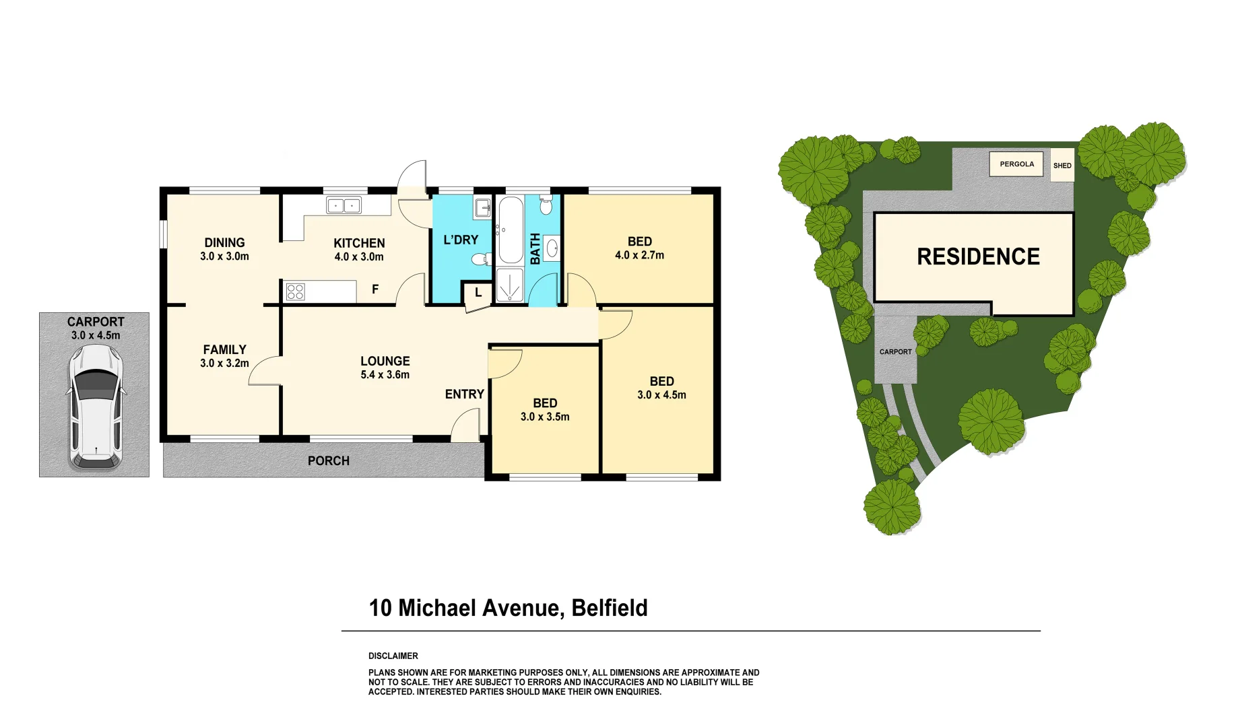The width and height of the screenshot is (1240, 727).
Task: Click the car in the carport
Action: tap(96, 407)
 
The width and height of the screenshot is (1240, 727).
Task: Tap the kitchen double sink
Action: tap(344, 205)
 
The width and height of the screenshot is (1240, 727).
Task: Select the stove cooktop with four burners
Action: tap(296, 291)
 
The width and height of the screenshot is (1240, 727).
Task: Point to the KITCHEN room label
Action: tap(359, 243)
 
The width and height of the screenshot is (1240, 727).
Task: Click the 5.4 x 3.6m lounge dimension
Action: tap(385, 375)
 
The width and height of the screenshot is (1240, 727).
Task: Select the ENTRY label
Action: tap(464, 394)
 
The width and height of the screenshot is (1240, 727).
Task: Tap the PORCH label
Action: tap(328, 461)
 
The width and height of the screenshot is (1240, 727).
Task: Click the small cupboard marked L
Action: tap(478, 293)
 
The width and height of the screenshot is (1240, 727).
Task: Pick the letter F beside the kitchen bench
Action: tap(375, 289)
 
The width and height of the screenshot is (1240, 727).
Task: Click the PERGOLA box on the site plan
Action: tap(1016, 164)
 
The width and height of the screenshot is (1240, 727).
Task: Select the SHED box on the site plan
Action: tap(1062, 166)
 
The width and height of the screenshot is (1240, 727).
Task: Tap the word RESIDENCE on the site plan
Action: tap(978, 257)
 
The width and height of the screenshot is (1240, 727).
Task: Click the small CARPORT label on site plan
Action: tap(895, 352)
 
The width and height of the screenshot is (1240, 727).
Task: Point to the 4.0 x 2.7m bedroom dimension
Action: tap(639, 256)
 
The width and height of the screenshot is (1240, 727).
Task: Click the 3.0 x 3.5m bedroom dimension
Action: tap(545, 417)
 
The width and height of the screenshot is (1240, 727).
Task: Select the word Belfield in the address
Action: tap(609, 608)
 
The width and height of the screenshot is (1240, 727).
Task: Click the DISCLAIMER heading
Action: tap(393, 656)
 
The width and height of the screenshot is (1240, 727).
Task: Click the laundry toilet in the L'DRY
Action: tap(480, 259)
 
